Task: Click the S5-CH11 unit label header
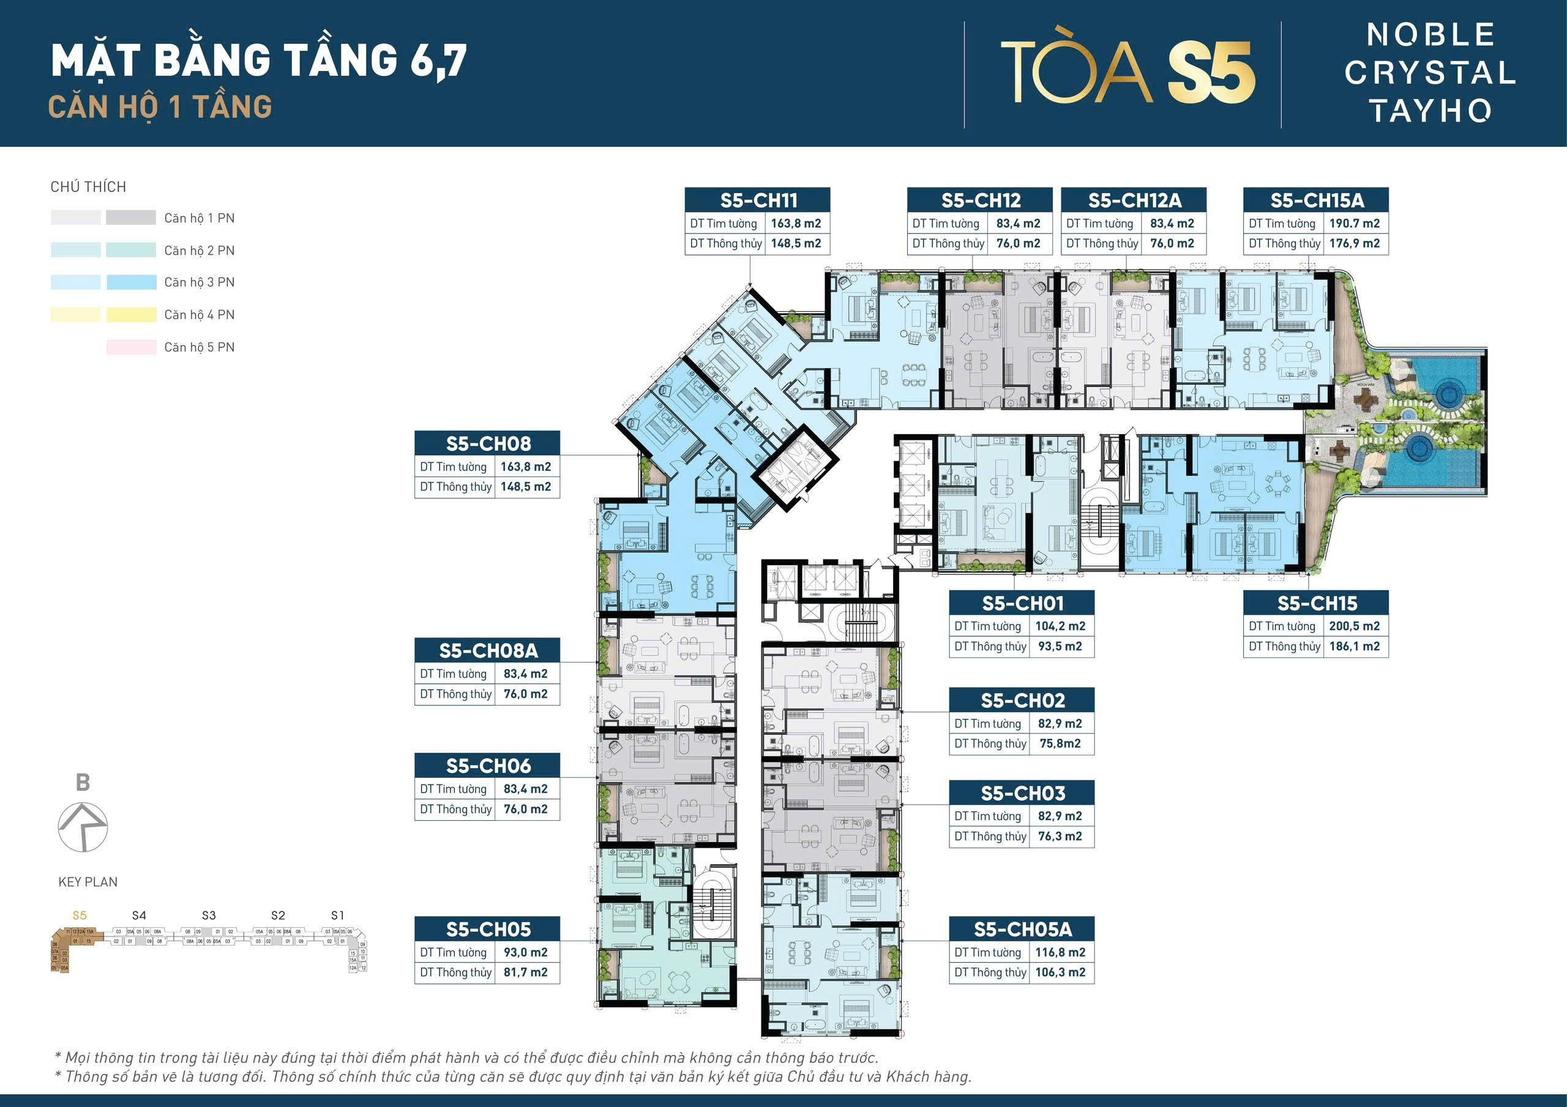[x=758, y=200]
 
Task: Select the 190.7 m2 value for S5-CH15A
[x=1354, y=223]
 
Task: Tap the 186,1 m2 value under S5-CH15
[x=1354, y=646]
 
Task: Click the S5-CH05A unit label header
[x=1022, y=929]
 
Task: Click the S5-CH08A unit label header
[x=487, y=651]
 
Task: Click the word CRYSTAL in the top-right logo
[x=1429, y=73]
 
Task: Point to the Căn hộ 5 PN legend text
[x=200, y=347]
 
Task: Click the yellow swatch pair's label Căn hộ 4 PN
[x=200, y=314]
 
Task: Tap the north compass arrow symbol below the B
[x=83, y=827]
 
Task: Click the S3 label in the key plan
[x=209, y=916]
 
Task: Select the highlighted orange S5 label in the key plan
[x=79, y=916]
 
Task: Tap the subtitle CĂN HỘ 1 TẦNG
[x=160, y=107]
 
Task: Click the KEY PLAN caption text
[x=88, y=882]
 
